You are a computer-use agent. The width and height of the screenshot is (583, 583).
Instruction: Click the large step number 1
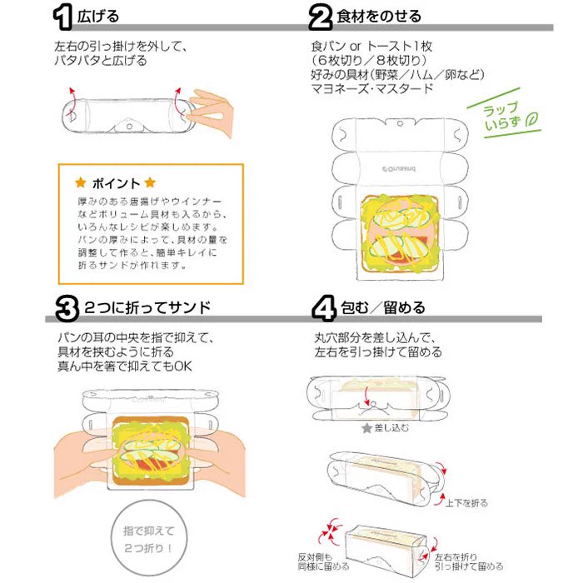click(x=62, y=17)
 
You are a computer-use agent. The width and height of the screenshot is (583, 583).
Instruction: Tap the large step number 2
click(x=320, y=17)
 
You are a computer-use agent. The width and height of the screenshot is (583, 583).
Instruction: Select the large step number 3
click(x=67, y=308)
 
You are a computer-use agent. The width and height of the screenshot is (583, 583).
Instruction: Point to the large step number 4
click(x=323, y=308)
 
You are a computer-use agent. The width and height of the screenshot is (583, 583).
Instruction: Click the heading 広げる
click(x=98, y=17)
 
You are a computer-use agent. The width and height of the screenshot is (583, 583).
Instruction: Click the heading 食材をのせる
click(x=378, y=17)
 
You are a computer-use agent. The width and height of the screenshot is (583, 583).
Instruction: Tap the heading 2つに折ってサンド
click(x=147, y=307)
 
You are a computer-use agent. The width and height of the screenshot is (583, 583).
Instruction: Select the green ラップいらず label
click(x=502, y=115)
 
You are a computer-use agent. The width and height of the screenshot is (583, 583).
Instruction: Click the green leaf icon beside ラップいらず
click(x=531, y=121)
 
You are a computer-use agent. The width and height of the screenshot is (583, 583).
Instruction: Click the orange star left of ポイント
click(x=81, y=182)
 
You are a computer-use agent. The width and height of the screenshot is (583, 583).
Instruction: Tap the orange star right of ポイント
click(x=150, y=182)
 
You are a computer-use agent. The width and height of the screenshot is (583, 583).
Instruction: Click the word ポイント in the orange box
click(x=116, y=183)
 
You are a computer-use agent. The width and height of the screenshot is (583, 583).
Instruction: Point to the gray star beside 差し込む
click(x=367, y=428)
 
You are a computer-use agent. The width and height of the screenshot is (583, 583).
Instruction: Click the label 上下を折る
click(x=466, y=503)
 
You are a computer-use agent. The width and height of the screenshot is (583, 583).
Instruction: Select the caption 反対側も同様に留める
click(x=323, y=561)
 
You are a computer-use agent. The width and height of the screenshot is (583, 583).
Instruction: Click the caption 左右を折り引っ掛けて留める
click(x=469, y=561)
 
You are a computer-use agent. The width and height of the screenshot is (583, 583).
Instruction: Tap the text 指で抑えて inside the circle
click(x=149, y=531)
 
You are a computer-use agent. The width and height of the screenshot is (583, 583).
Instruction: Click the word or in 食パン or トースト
click(x=356, y=47)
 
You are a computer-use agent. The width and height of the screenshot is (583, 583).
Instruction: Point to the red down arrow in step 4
click(x=366, y=396)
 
